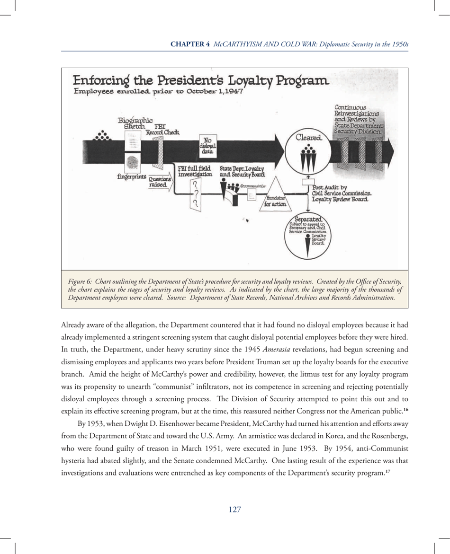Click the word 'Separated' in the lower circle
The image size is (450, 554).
pos(308,220)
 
